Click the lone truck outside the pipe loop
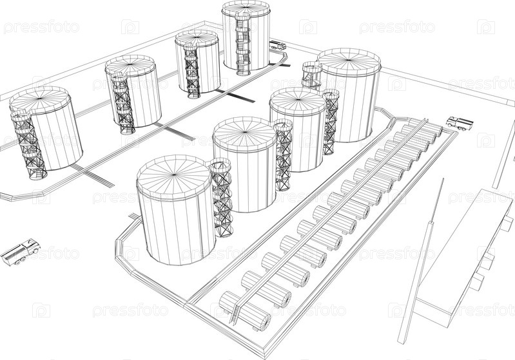(x=21, y=252)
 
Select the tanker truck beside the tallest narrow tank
(x=278, y=45)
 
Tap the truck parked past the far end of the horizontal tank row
(x=460, y=123)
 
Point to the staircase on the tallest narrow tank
(x=242, y=43)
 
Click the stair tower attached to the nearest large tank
(x=221, y=198)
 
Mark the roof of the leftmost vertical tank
(x=40, y=99)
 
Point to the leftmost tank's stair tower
(x=28, y=144)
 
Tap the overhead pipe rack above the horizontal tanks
(x=332, y=213)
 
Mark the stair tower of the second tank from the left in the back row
(x=123, y=104)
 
